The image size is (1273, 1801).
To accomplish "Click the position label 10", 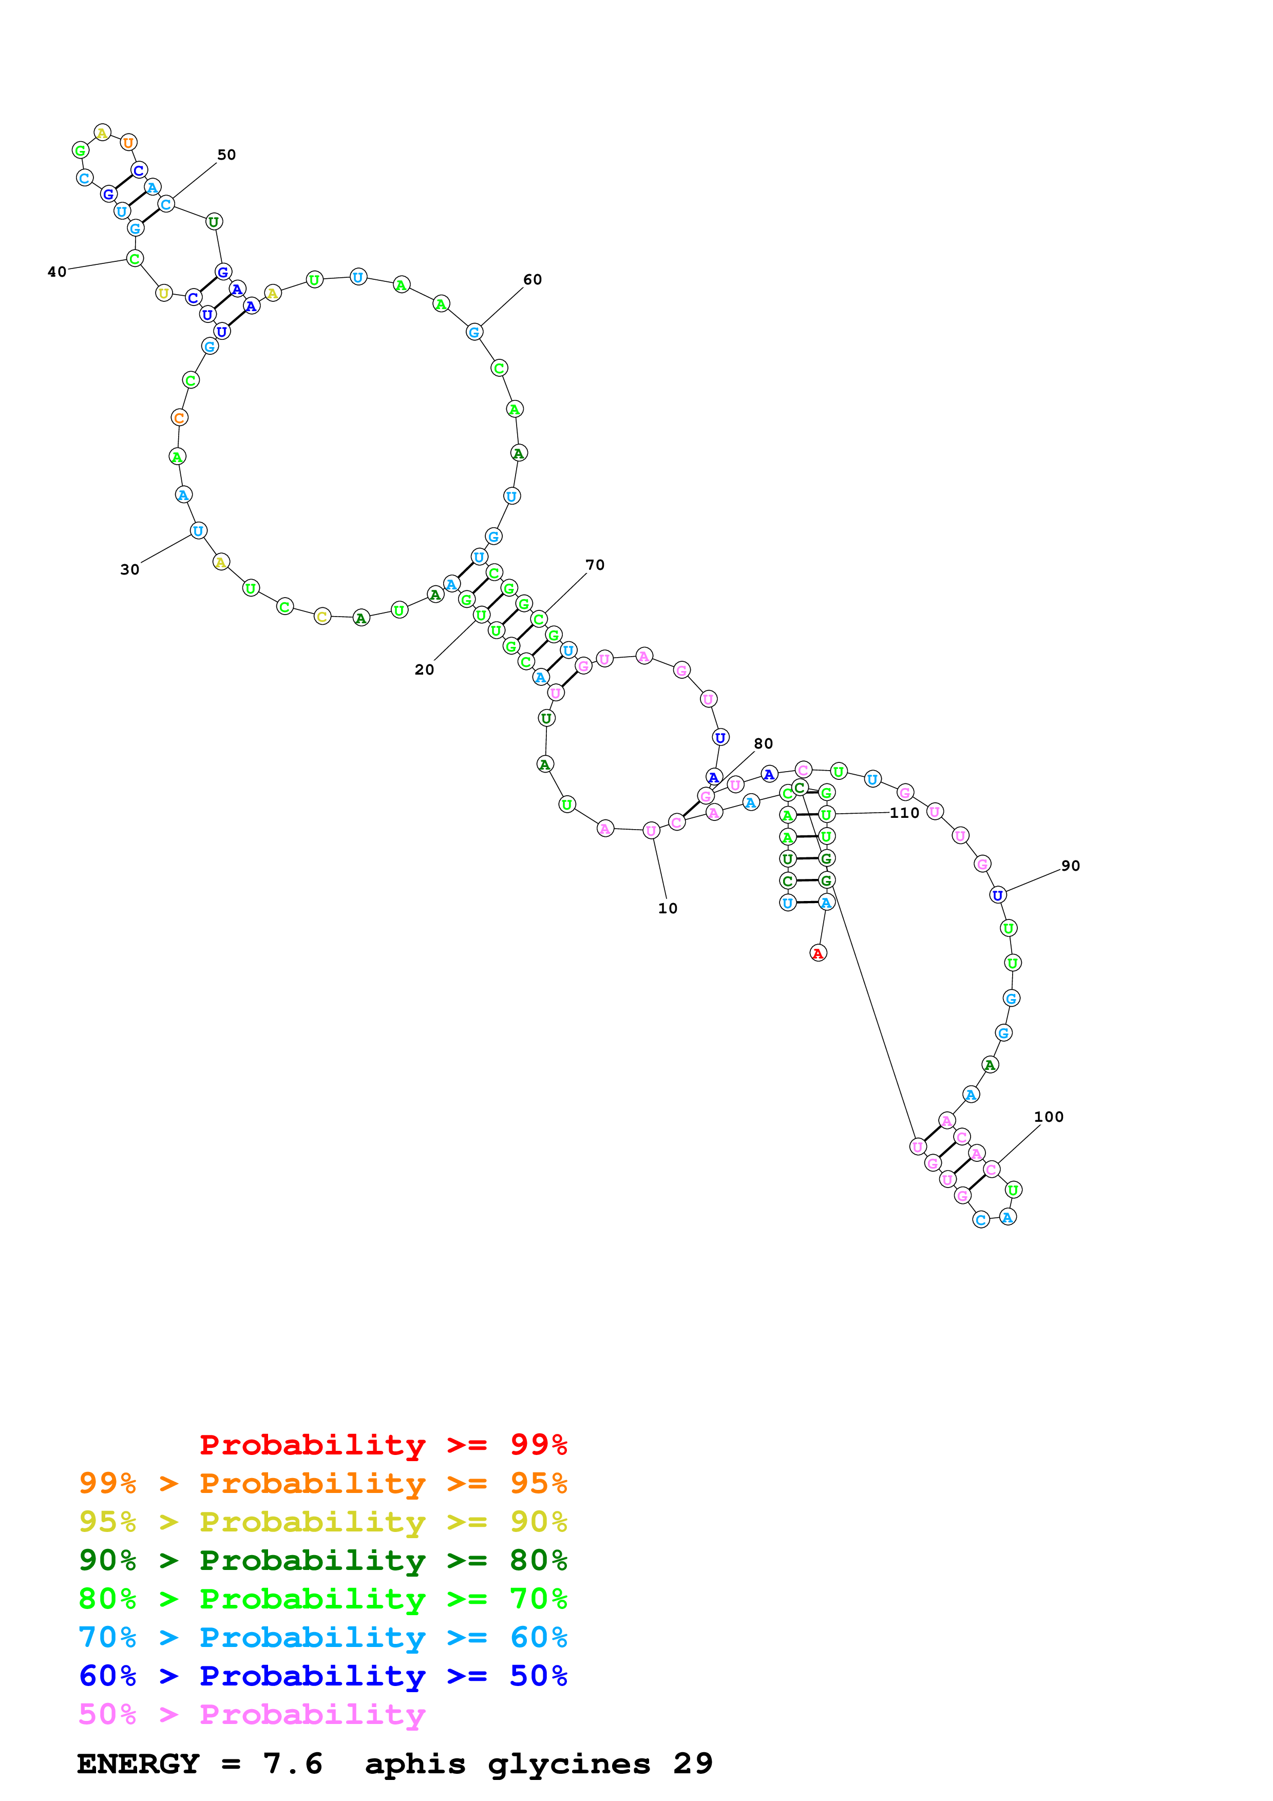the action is click(x=668, y=908).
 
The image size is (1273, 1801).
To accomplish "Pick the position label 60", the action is click(x=533, y=280).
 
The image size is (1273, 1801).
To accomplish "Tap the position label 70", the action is click(x=595, y=565).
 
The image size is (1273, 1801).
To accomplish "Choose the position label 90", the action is click(x=1071, y=866).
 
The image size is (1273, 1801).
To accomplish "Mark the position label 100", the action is click(x=1049, y=1117).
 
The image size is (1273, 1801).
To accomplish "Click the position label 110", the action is click(x=904, y=813).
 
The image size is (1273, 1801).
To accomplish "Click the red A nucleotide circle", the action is click(x=818, y=953).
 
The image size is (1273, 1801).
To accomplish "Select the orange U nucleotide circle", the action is click(x=128, y=143).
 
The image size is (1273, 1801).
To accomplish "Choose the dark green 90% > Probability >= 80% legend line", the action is click(x=323, y=1560).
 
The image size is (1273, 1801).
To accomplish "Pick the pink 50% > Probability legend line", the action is click(x=252, y=1714).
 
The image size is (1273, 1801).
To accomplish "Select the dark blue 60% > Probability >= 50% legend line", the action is click(x=323, y=1676).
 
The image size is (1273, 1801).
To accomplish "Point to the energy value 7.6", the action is click(x=293, y=1764).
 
